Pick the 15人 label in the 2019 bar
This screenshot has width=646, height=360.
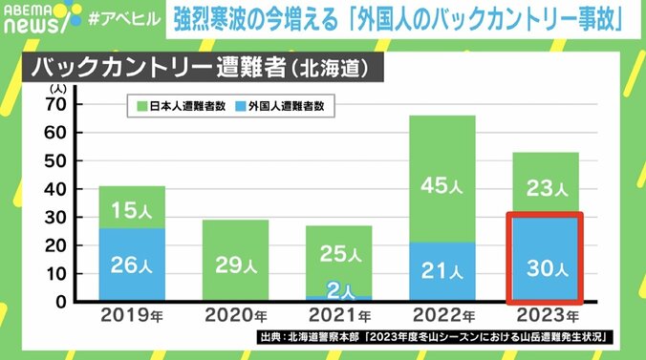click(132, 207)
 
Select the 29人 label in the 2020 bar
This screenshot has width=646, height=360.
click(235, 265)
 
